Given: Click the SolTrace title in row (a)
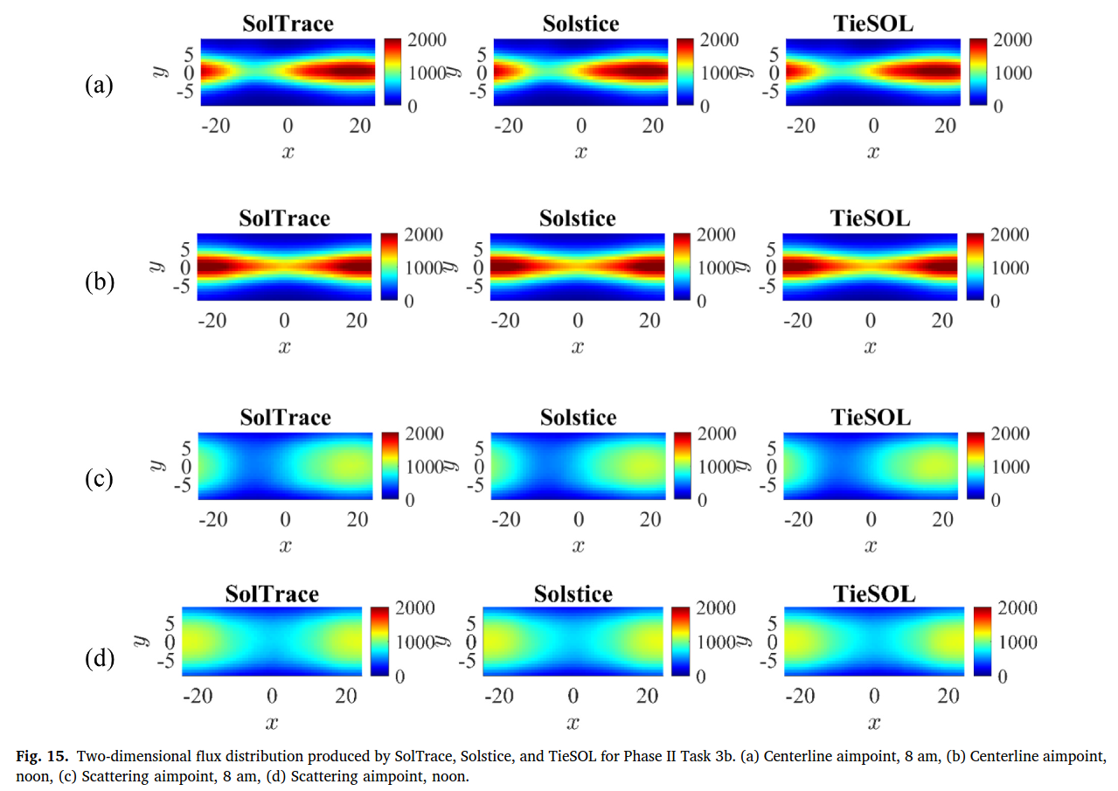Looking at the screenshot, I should (288, 24).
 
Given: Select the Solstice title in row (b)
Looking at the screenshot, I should (577, 219).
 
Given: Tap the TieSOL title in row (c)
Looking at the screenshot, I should (870, 418).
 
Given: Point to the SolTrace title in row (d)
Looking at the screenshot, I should (272, 594).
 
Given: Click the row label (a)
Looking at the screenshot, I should (99, 85).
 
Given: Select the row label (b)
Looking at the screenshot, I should (99, 283).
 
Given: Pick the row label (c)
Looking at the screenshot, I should (99, 479).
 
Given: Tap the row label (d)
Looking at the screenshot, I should (99, 657).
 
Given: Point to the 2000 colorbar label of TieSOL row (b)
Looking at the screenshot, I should (1010, 234).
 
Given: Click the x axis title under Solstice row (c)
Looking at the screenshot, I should (578, 546).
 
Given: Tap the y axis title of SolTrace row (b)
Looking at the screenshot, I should (157, 267).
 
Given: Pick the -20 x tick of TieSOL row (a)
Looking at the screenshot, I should (802, 126).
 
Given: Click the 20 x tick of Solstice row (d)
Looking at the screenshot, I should (648, 696).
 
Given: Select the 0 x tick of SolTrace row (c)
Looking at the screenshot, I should (285, 520).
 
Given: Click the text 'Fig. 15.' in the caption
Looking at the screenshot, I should (41, 755).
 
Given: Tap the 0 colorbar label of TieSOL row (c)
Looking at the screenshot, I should (996, 500).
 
